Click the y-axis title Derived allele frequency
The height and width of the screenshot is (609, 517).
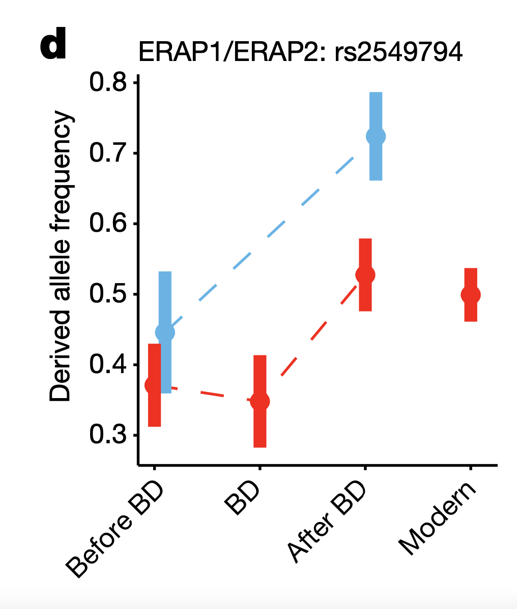61,257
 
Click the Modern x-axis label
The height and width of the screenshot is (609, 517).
438,519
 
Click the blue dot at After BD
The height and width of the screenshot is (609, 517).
376,136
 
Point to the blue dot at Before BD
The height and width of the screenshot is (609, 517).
165,332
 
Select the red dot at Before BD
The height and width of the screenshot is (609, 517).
155,385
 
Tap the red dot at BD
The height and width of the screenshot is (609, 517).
260,401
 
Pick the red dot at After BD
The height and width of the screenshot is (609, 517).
365,275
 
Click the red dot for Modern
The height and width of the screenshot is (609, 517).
471,294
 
